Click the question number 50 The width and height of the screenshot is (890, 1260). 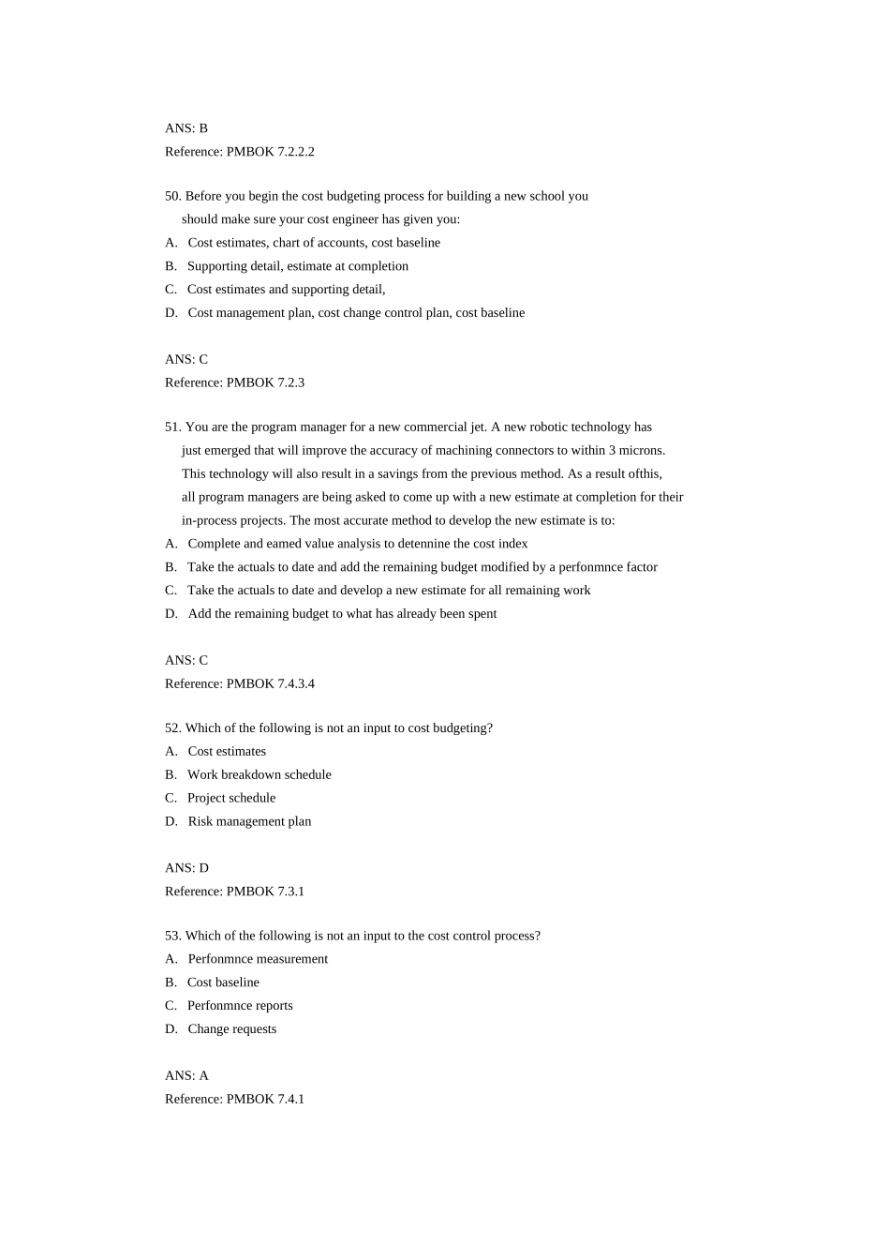tap(172, 196)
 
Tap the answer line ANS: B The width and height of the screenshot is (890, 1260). tap(186, 128)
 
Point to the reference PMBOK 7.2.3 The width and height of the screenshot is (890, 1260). tap(234, 382)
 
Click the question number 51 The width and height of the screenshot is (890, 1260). tap(172, 427)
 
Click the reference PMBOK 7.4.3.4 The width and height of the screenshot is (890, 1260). tap(240, 684)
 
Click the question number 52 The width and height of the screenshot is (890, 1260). tap(172, 728)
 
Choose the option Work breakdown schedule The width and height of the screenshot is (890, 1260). tap(260, 775)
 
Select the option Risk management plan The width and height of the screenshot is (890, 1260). tap(249, 822)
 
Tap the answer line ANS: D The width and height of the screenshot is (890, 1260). tap(186, 868)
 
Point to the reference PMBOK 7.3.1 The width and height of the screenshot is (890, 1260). tap(234, 892)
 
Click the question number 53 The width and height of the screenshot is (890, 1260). tap(172, 936)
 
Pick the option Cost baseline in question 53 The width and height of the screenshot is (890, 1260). tap(223, 982)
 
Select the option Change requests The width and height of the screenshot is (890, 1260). tap(232, 1029)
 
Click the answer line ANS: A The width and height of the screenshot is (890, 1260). tap(186, 1076)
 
